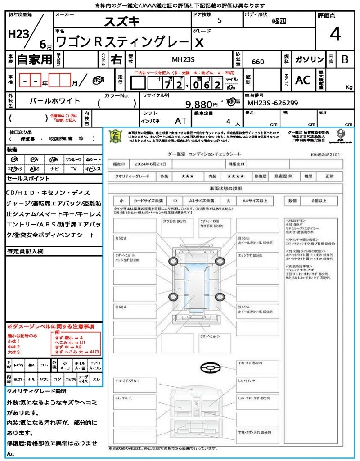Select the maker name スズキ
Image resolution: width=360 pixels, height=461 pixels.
click(x=122, y=21)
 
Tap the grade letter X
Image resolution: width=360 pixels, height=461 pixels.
click(x=198, y=42)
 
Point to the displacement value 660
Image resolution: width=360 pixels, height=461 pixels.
click(x=258, y=62)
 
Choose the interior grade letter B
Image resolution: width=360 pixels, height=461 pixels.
click(x=345, y=60)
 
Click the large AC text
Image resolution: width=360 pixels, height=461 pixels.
click(x=303, y=80)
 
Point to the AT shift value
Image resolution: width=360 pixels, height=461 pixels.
click(x=180, y=121)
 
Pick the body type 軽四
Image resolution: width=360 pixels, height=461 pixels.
click(x=279, y=21)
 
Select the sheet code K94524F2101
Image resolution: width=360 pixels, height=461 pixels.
click(x=325, y=154)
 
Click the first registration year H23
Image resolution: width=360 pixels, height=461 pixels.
click(x=18, y=35)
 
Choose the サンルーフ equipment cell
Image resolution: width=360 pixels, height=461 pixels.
click(x=73, y=160)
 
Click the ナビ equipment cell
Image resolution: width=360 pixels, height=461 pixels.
click(x=54, y=169)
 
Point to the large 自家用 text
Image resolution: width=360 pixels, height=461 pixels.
click(x=35, y=59)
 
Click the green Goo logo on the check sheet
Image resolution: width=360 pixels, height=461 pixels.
click(x=117, y=136)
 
